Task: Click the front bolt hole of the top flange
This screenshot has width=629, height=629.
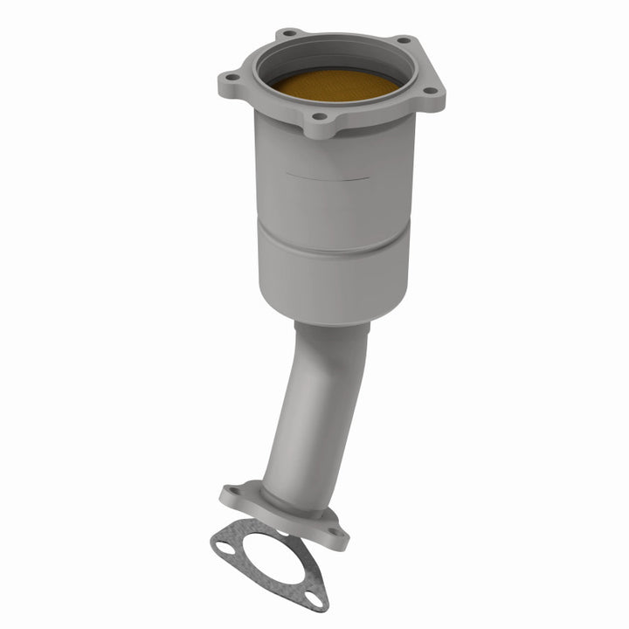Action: (x=320, y=115)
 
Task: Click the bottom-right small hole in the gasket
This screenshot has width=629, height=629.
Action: (x=312, y=598)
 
